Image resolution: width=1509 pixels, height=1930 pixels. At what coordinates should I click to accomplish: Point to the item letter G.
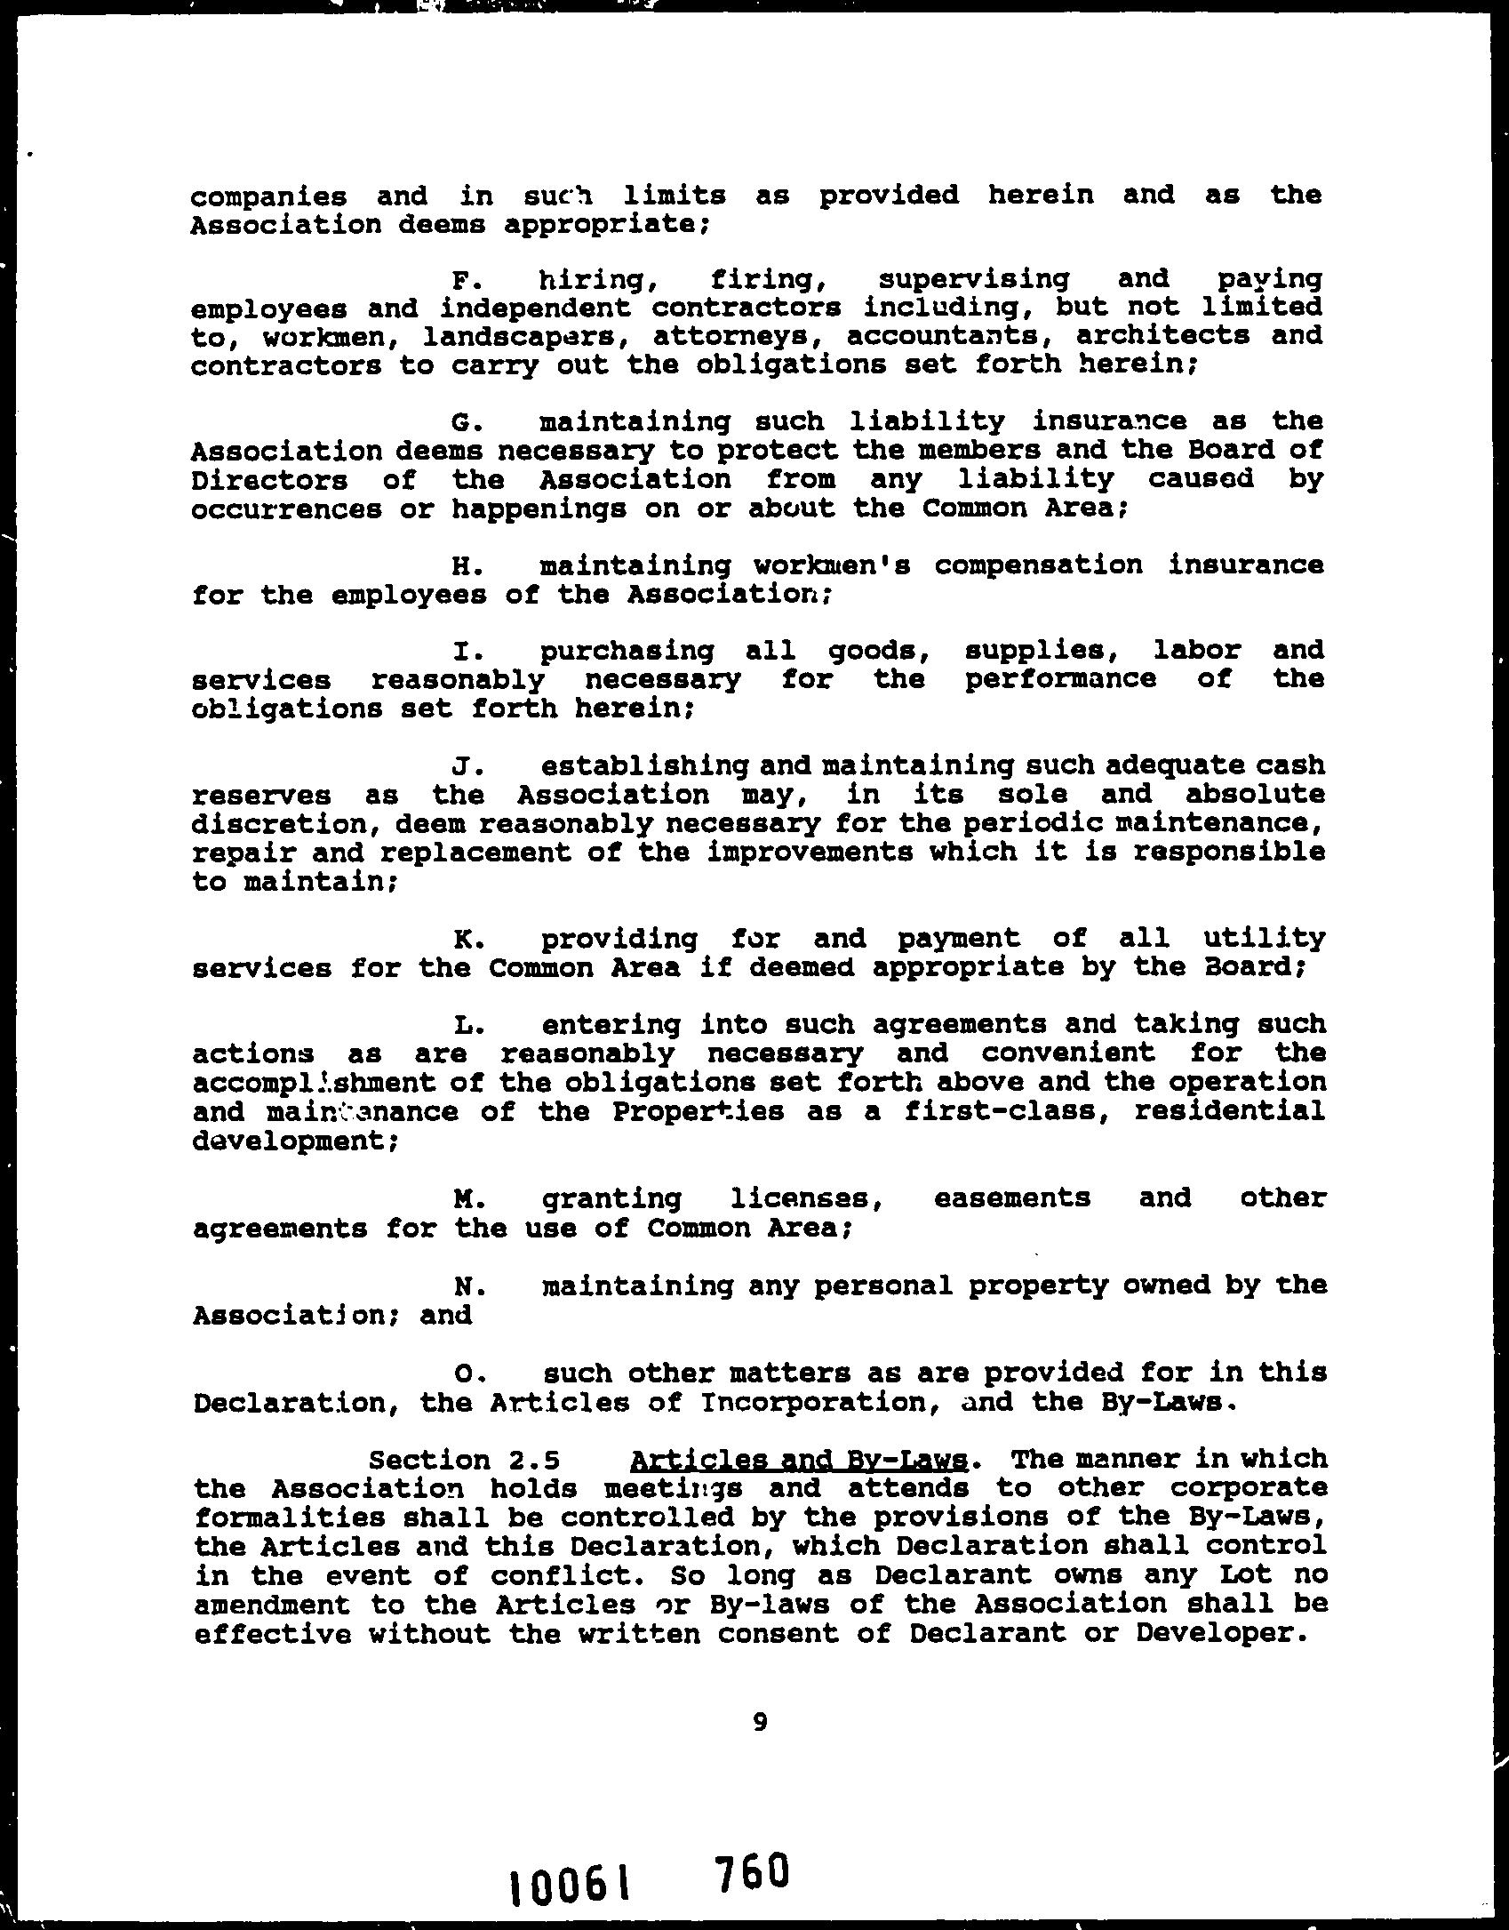[459, 423]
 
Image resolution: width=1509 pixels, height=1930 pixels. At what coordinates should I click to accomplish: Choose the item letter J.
[460, 766]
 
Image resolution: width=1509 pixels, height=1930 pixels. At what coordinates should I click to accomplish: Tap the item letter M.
[461, 1200]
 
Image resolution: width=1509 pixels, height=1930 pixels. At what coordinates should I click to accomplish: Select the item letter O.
[462, 1374]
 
